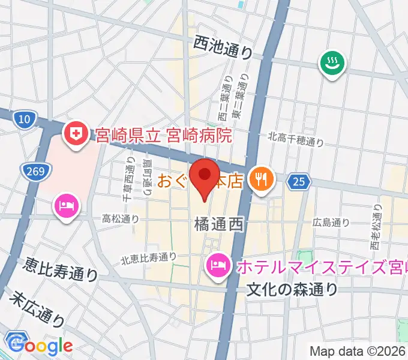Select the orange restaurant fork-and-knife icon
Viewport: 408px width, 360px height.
[x=260, y=178]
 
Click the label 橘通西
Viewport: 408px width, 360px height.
[x=218, y=225]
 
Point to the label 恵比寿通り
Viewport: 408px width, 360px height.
[x=61, y=269]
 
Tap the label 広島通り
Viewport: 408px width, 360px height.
[x=331, y=223]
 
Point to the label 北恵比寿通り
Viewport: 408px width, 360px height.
[x=149, y=259]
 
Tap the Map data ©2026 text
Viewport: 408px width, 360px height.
[x=358, y=351]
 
